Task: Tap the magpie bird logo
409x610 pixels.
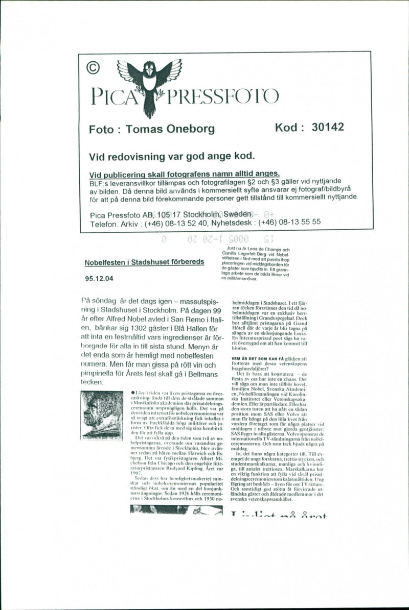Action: pyautogui.click(x=149, y=82)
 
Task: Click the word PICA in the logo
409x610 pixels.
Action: pyautogui.click(x=113, y=96)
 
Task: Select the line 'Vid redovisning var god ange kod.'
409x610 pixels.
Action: pyautogui.click(x=172, y=156)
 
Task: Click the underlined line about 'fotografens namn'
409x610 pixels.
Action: pyautogui.click(x=184, y=174)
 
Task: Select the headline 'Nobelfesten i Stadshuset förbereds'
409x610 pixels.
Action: pyautogui.click(x=145, y=262)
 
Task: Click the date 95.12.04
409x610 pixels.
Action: pyautogui.click(x=99, y=279)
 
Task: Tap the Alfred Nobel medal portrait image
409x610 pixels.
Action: pyautogui.click(x=101, y=414)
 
